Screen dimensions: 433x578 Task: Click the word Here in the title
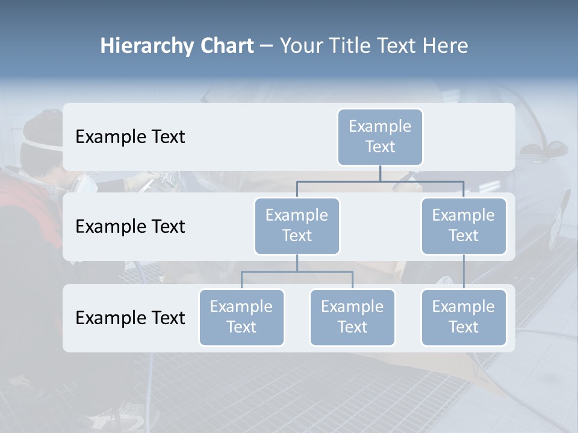446,46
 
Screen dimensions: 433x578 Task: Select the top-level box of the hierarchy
380,137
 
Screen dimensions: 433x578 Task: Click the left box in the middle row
297,226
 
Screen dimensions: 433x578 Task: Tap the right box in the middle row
464,226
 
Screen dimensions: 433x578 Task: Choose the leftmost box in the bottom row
241,317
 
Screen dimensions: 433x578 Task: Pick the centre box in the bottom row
352,317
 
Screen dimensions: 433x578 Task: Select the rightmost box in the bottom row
464,317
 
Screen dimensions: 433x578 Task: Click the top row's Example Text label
130,137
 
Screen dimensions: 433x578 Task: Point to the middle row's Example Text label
130,226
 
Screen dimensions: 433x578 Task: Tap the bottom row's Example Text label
130,318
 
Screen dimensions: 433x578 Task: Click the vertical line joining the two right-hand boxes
464,272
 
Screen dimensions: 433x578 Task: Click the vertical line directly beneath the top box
380,174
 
